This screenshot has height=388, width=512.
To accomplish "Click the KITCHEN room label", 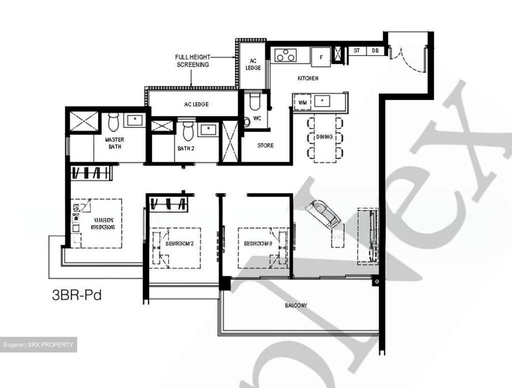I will click(308, 78).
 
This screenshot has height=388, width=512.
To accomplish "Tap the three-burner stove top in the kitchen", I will click(285, 55).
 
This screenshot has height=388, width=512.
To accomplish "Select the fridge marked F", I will click(321, 57).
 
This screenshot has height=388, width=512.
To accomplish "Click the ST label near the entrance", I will click(357, 51).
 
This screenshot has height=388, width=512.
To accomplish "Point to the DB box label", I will click(375, 51).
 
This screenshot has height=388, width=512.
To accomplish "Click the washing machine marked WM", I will click(303, 103).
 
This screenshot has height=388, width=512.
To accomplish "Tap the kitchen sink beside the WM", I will click(322, 101).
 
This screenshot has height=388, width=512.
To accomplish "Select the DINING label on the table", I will click(324, 137).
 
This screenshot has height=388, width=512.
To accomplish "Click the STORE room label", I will click(266, 145).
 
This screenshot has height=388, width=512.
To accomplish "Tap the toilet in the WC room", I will click(255, 102).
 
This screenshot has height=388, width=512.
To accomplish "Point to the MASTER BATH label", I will click(114, 143).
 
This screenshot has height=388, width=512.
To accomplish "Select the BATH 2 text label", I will click(186, 149).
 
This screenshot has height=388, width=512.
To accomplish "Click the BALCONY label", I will click(296, 305).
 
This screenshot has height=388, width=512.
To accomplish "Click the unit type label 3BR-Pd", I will click(77, 295).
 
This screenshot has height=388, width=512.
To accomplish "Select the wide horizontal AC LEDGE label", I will click(196, 104).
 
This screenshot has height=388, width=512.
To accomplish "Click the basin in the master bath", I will click(134, 121).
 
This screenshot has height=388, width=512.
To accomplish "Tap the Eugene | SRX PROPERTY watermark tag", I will click(38, 345).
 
